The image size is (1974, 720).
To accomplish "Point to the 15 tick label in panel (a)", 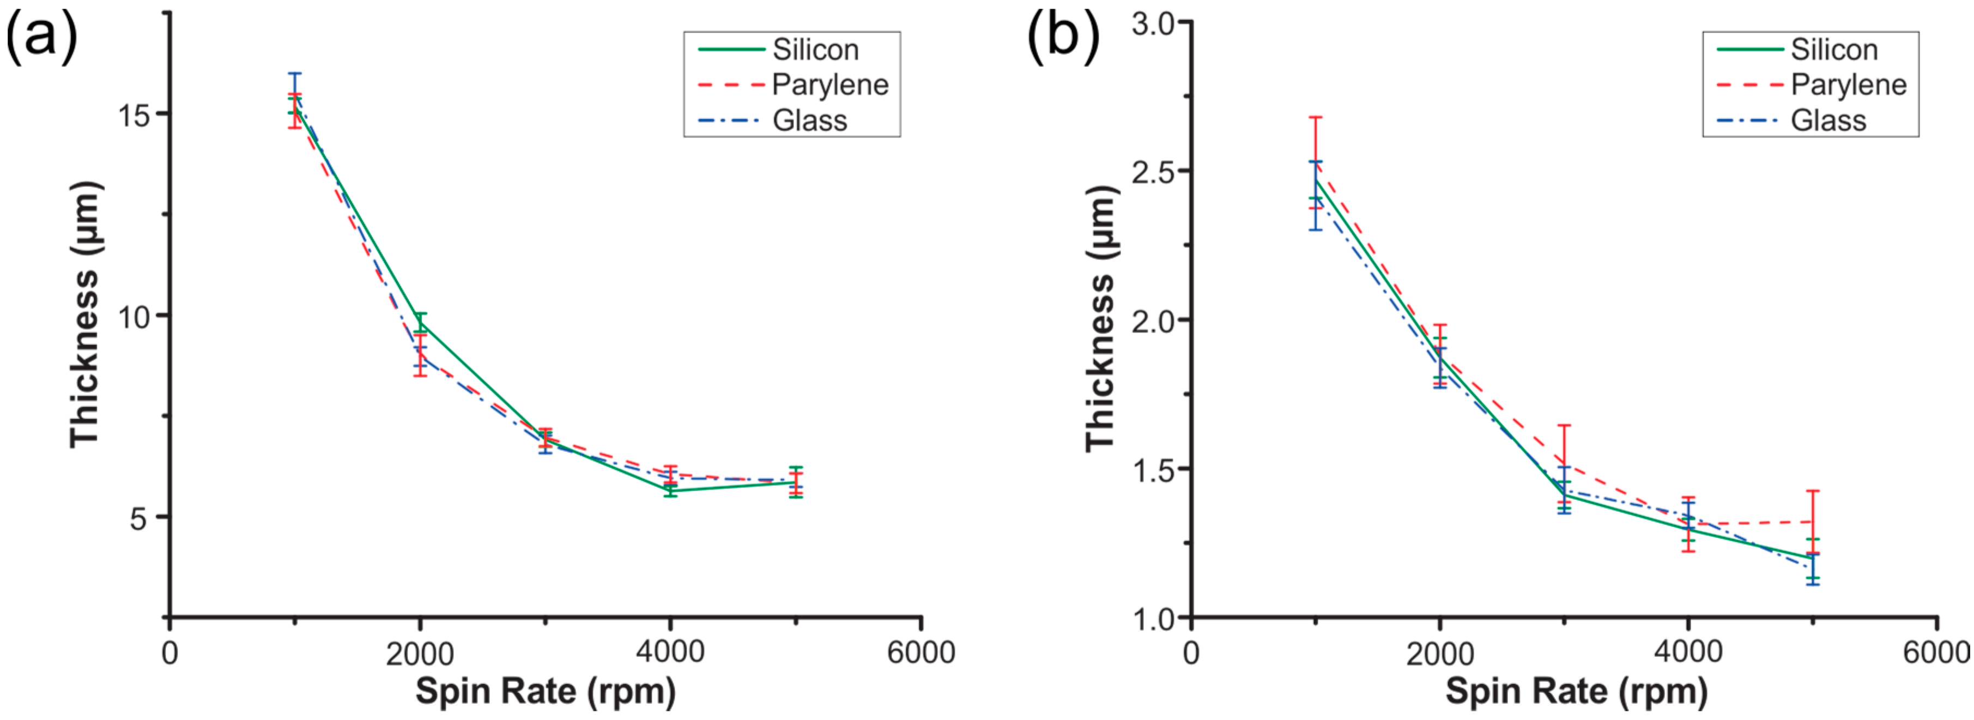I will pos(132,116).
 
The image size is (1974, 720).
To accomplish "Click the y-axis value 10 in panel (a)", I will pos(132,316).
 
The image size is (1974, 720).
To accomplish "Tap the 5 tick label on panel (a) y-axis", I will pos(138,518).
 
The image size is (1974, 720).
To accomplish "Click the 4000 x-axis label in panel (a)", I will pos(670,652).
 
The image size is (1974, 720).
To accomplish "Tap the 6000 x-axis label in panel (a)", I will pos(921,652).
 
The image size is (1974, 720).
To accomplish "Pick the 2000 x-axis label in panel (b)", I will pos(1440,654).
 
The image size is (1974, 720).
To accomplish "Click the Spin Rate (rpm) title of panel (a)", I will pos(546,691).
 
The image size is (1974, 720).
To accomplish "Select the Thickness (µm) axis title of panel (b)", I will pos(1101,318).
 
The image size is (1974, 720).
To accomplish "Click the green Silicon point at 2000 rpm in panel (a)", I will pos(420,323).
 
